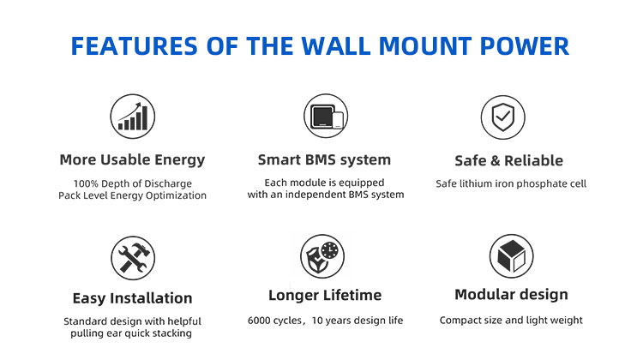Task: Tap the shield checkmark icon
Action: (496, 116)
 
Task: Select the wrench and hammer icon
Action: (133, 256)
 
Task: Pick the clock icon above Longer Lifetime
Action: (321, 255)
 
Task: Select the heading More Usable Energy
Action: (132, 159)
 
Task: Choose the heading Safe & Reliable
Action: (508, 160)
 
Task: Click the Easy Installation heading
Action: (132, 298)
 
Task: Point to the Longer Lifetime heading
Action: (323, 295)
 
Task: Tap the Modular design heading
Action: (511, 295)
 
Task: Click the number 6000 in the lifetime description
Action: (260, 321)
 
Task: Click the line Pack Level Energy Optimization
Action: (132, 195)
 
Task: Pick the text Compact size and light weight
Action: (511, 321)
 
